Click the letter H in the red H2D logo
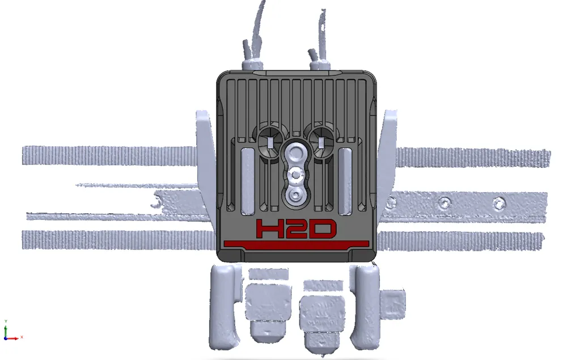270,229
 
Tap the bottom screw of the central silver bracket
294,196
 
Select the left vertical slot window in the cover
248,181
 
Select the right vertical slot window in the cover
345,181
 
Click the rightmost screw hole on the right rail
498,202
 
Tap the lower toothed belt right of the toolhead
459,241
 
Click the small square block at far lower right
393,303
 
